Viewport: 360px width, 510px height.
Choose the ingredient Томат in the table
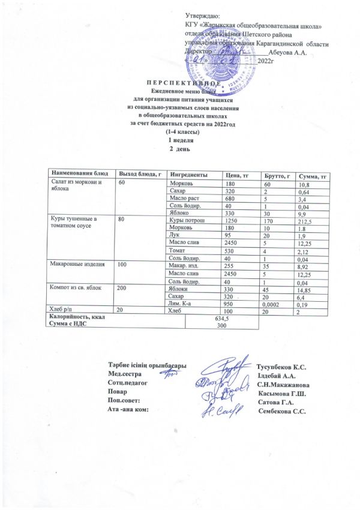click(178, 251)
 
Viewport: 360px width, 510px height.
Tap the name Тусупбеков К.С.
click(281, 367)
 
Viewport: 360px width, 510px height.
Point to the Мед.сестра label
click(125, 374)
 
